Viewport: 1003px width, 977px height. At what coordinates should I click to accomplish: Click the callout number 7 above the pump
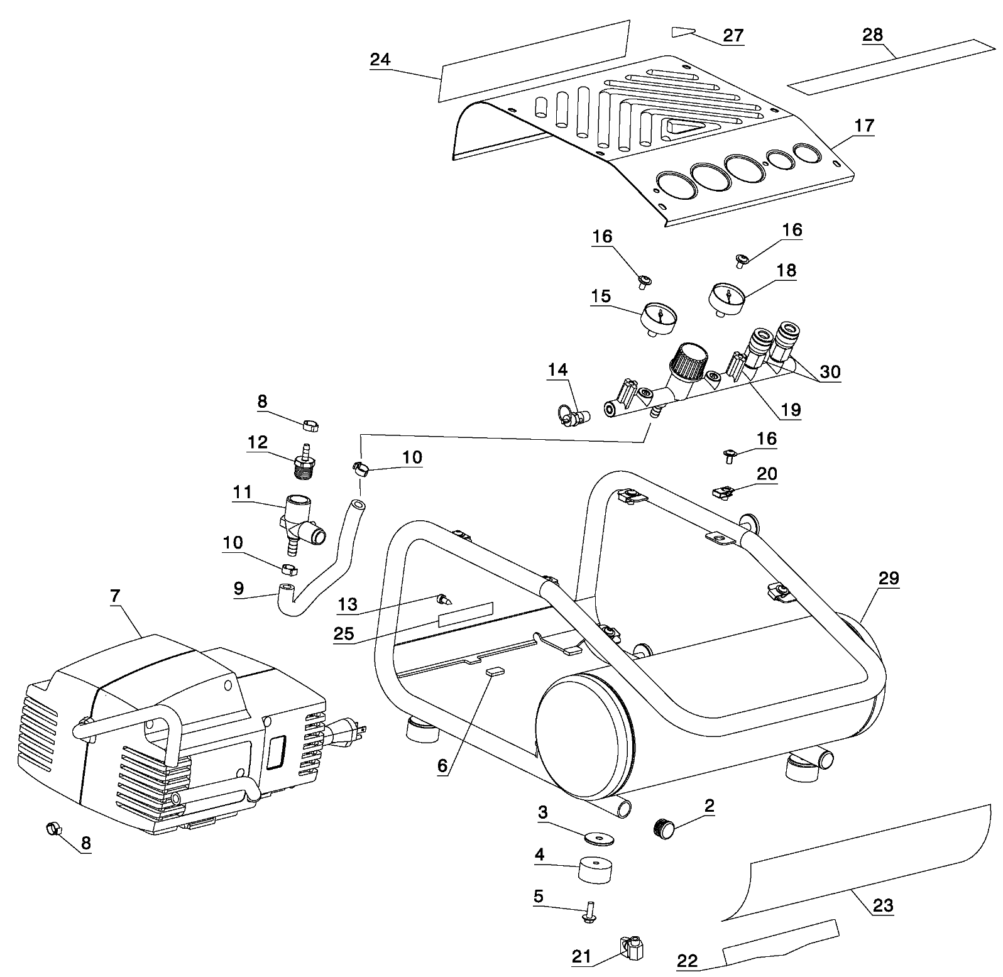[114, 597]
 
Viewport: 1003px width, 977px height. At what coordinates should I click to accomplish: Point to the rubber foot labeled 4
[595, 871]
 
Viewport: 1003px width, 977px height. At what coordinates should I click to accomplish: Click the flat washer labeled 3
[598, 839]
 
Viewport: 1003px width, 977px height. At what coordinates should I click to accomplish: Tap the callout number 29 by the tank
[889, 578]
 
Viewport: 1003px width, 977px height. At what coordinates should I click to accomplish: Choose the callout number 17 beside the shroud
[864, 126]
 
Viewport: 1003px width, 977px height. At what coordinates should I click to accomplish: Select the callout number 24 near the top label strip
[380, 60]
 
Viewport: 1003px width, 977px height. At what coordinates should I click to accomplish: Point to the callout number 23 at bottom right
[882, 905]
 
